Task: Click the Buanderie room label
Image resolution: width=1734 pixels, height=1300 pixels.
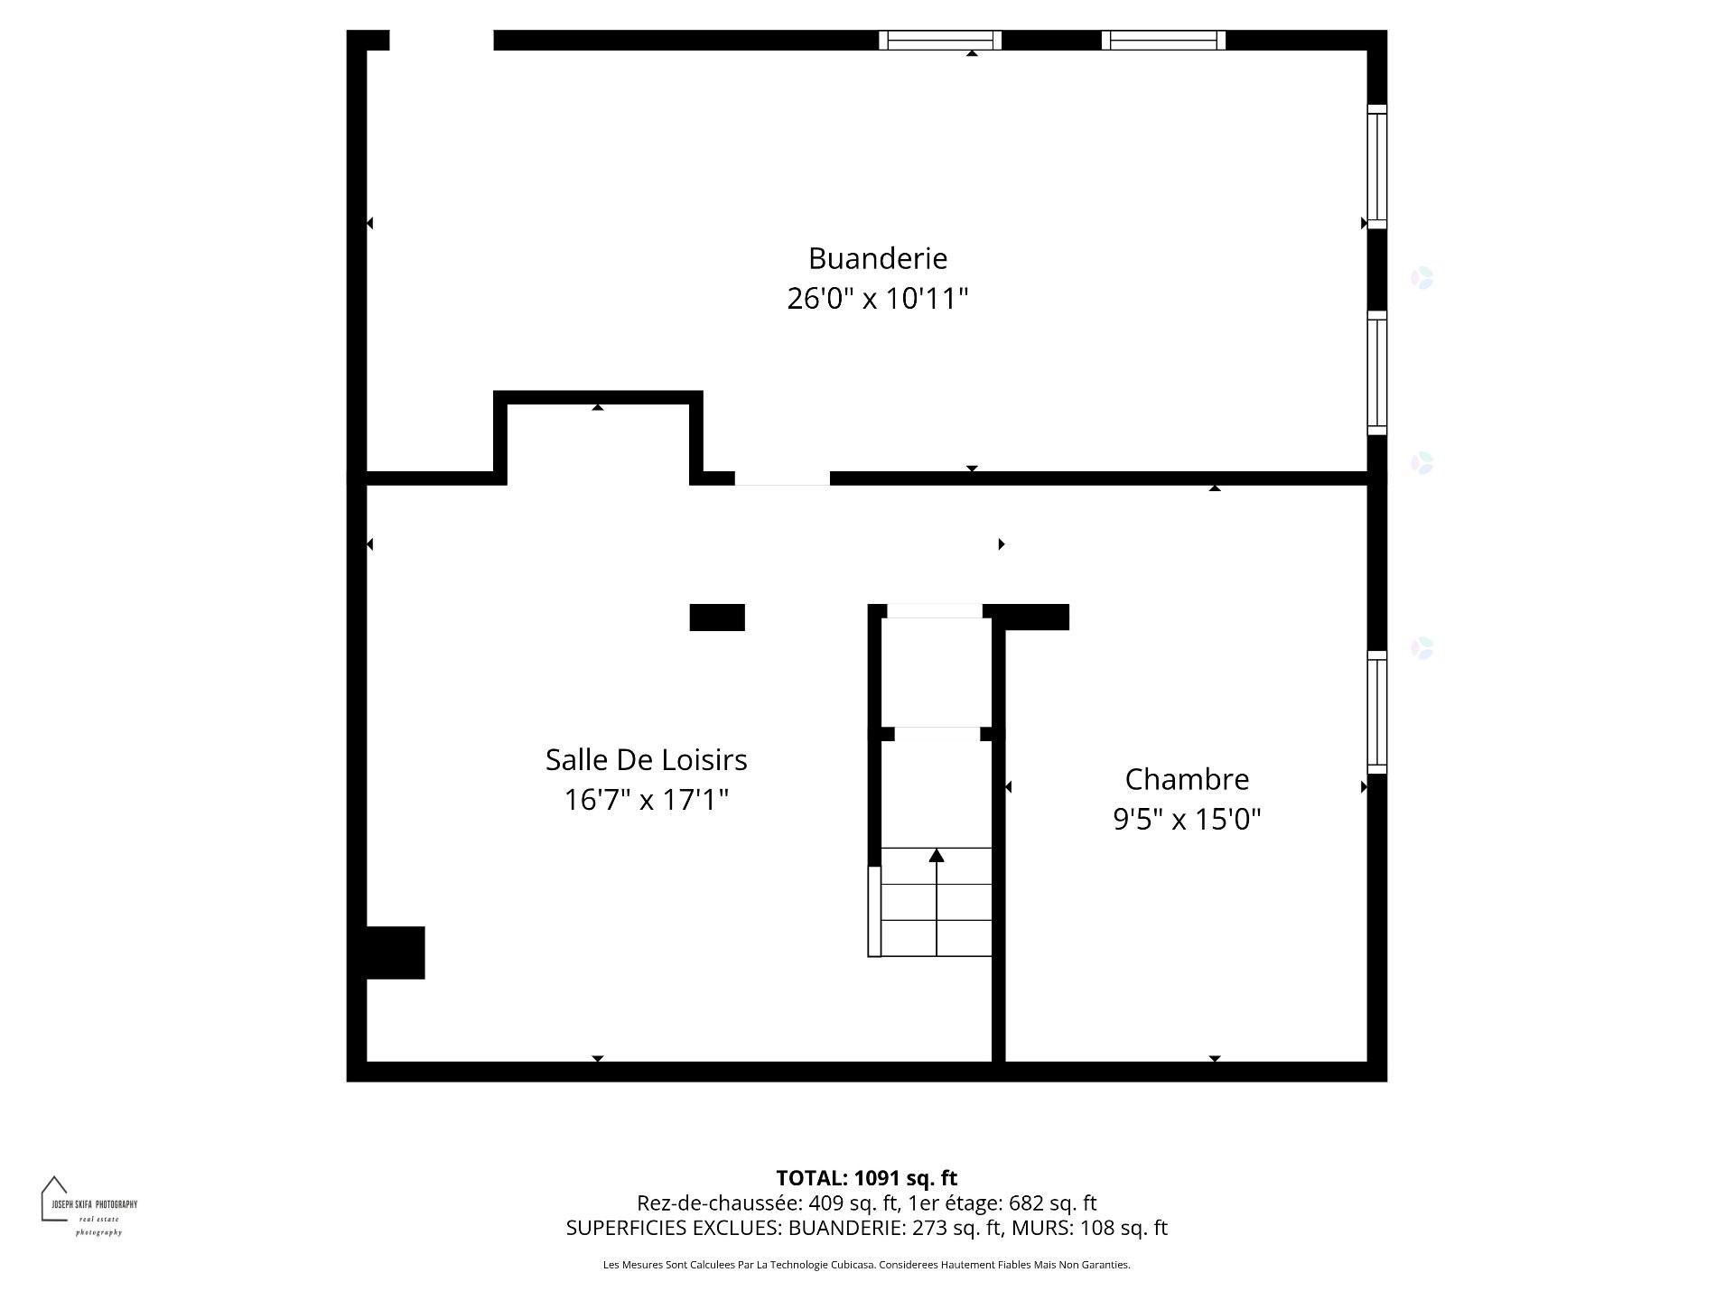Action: tap(877, 258)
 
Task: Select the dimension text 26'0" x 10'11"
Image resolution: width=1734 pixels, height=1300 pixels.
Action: tap(877, 298)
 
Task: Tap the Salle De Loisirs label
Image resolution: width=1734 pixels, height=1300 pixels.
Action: tap(646, 760)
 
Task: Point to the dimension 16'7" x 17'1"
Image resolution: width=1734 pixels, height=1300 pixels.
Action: tap(646, 800)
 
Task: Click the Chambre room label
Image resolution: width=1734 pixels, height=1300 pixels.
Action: tap(1187, 779)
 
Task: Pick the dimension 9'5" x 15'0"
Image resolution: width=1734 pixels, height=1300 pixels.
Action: tap(1187, 819)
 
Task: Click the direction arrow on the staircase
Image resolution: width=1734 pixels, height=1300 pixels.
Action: tap(937, 856)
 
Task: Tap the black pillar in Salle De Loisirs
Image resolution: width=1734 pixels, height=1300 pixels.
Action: tap(717, 617)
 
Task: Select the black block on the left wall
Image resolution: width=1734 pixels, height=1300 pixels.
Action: tap(395, 952)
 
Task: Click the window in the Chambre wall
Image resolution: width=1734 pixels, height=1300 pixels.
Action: tap(1376, 712)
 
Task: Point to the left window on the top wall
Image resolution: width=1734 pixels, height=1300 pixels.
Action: tap(940, 40)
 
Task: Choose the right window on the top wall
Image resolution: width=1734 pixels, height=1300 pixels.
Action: tap(1163, 40)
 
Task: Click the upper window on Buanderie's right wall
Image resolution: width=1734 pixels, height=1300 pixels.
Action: tap(1376, 167)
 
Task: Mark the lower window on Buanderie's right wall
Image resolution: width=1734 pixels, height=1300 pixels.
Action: tap(1376, 373)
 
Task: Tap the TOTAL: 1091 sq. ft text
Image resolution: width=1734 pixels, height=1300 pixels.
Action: tap(866, 1178)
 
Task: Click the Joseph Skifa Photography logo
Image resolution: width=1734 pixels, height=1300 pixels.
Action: tap(88, 1205)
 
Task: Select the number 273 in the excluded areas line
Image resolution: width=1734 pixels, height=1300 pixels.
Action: tap(929, 1228)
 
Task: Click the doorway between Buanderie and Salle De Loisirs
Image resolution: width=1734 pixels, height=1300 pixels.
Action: tap(782, 478)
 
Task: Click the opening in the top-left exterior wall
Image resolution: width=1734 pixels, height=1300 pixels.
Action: tap(442, 40)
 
